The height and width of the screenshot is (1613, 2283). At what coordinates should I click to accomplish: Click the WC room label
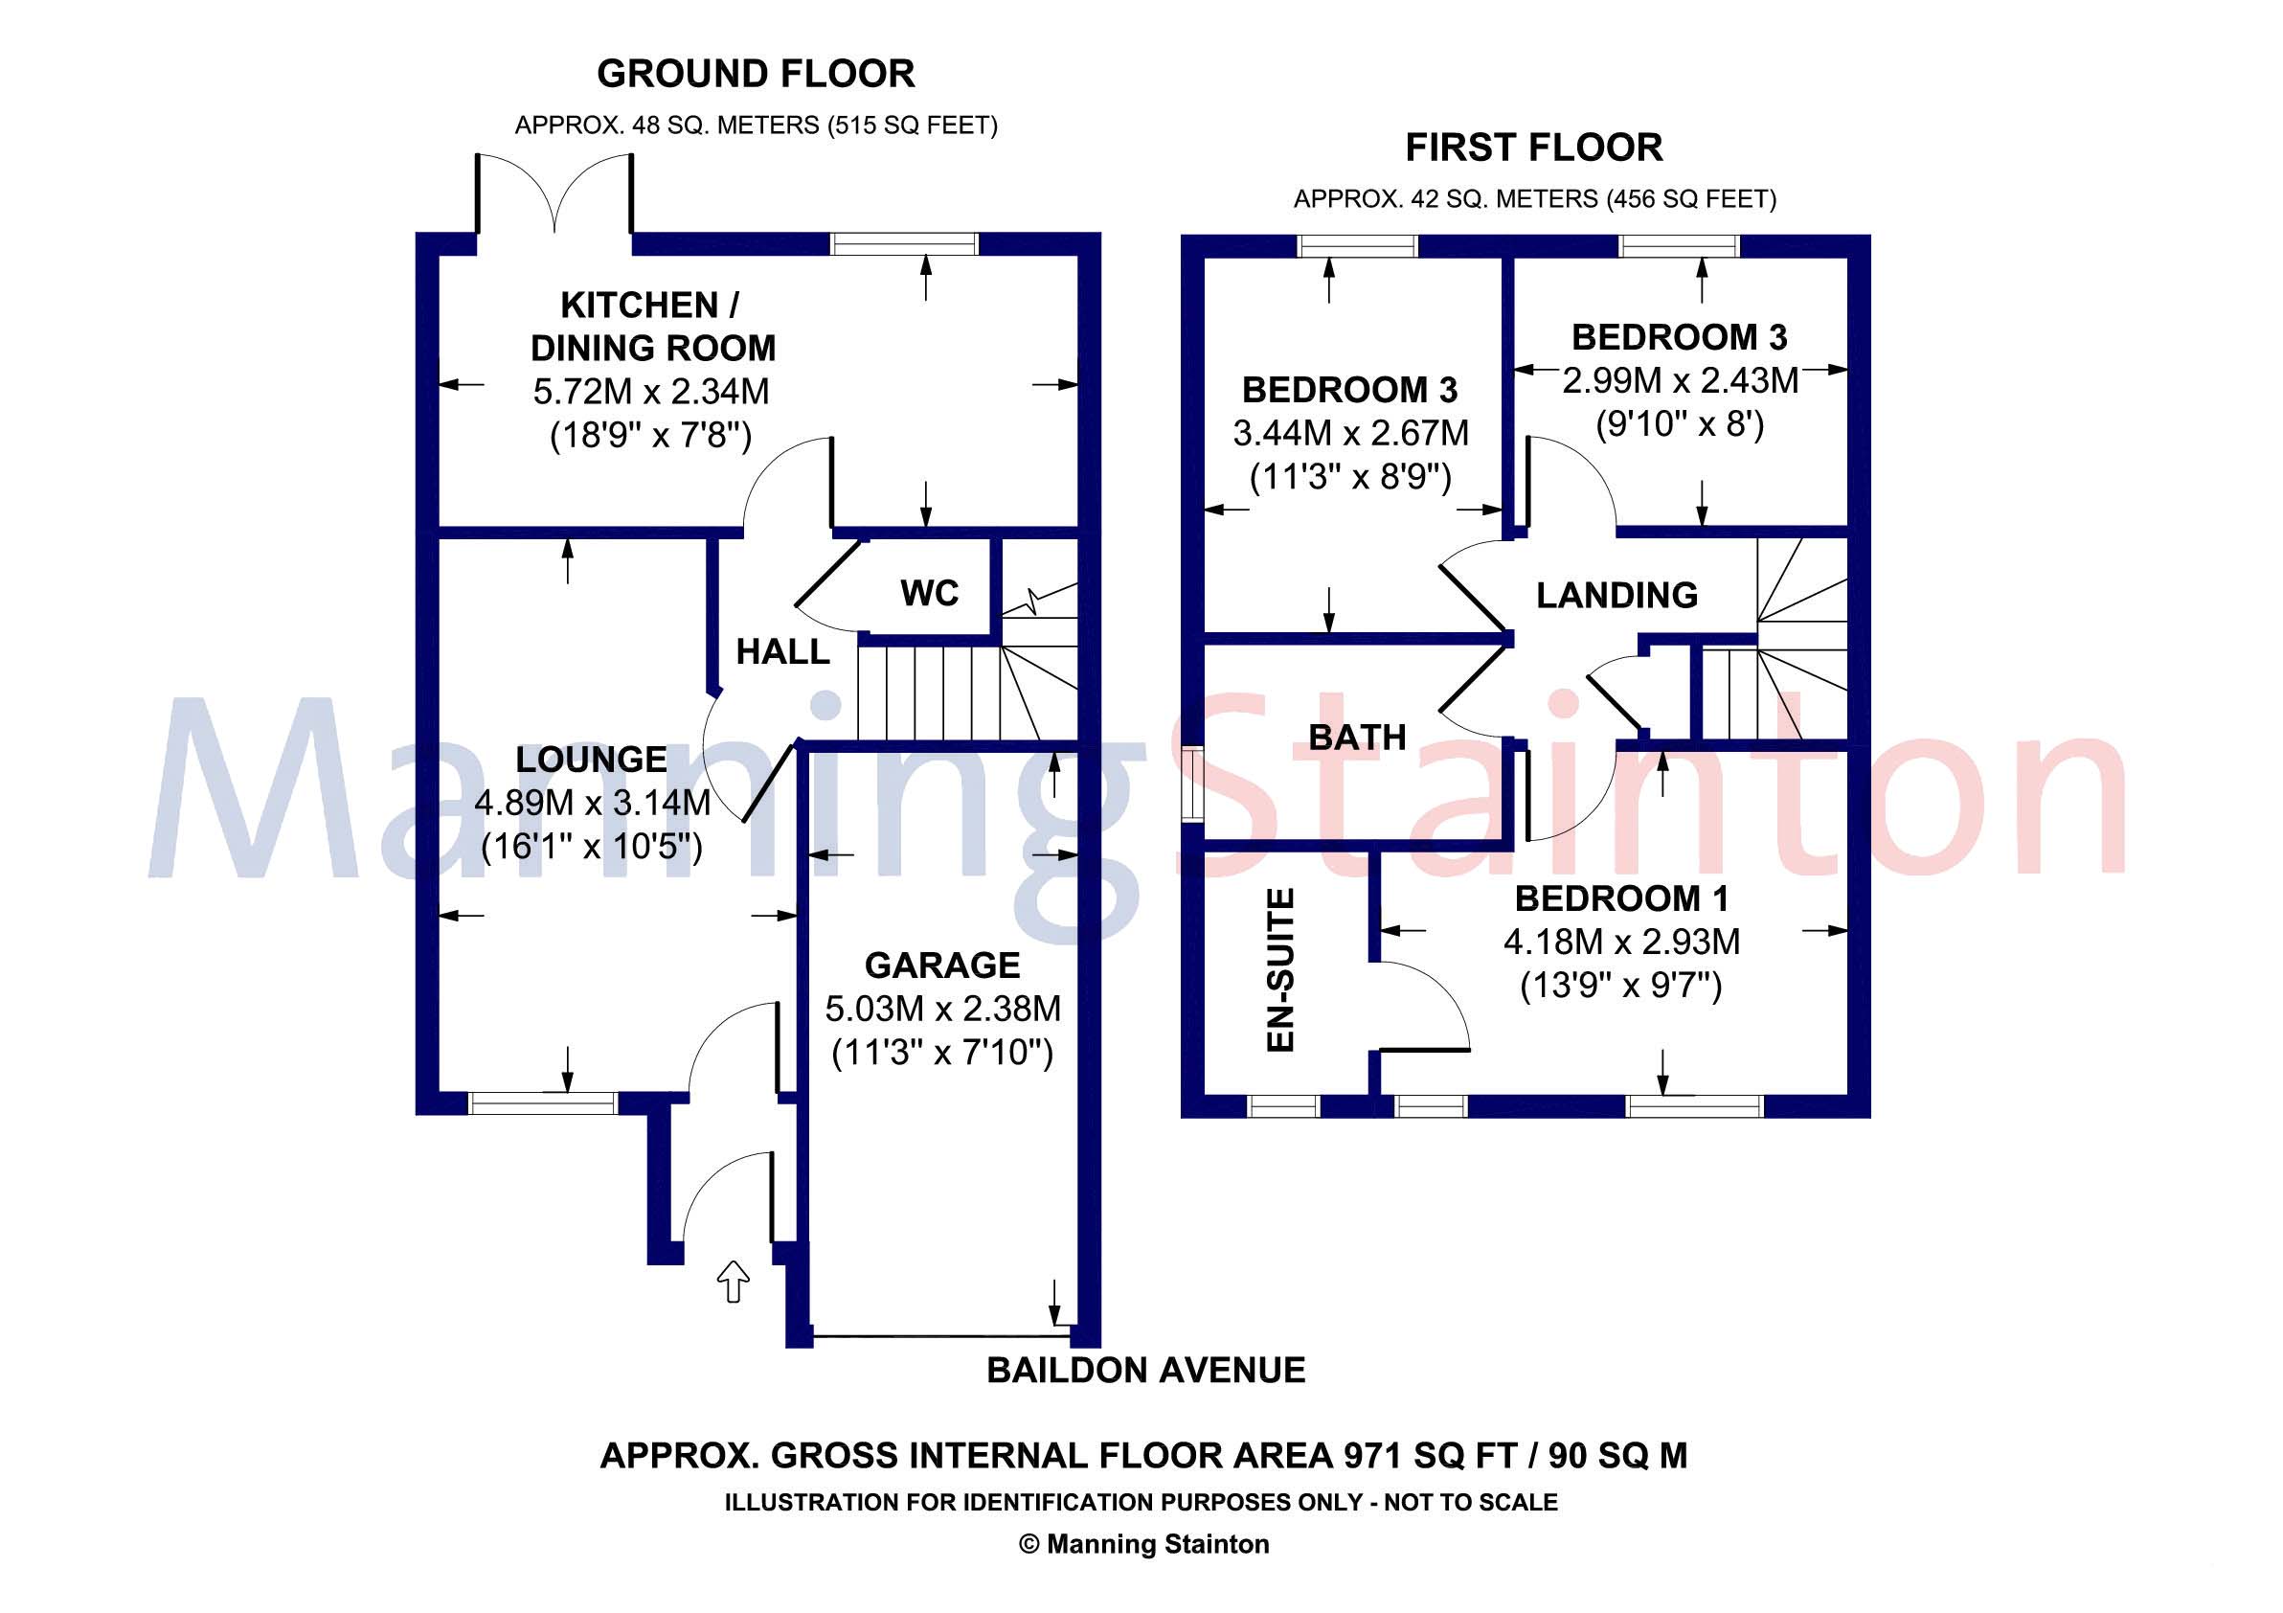929,594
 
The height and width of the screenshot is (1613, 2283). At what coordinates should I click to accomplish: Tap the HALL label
782,652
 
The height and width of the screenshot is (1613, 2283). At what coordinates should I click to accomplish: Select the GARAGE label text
941,966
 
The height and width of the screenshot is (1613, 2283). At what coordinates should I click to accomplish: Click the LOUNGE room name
591,760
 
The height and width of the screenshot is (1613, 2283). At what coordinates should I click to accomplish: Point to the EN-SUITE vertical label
1281,969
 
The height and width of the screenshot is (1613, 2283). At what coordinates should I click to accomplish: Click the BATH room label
1357,738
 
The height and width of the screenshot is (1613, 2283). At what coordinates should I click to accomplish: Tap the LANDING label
1616,596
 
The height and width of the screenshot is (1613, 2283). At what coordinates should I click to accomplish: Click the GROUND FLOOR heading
756,74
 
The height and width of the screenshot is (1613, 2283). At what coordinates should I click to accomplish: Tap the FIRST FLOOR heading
1533,148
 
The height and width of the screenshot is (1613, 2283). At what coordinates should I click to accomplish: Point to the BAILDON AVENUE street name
1145,1371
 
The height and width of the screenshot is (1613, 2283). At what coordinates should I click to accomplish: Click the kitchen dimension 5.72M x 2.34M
651,392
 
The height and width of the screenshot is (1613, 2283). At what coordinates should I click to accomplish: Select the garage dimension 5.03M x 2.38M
942,1010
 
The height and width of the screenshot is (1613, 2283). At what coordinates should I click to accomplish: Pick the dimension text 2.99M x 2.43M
1680,381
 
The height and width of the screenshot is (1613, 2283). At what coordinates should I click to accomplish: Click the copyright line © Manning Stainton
1143,1544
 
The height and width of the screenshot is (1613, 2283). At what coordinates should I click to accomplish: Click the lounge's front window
543,1102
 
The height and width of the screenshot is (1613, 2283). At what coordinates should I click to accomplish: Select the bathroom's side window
1191,784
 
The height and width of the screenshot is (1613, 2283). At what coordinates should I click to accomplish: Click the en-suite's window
1282,1107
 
